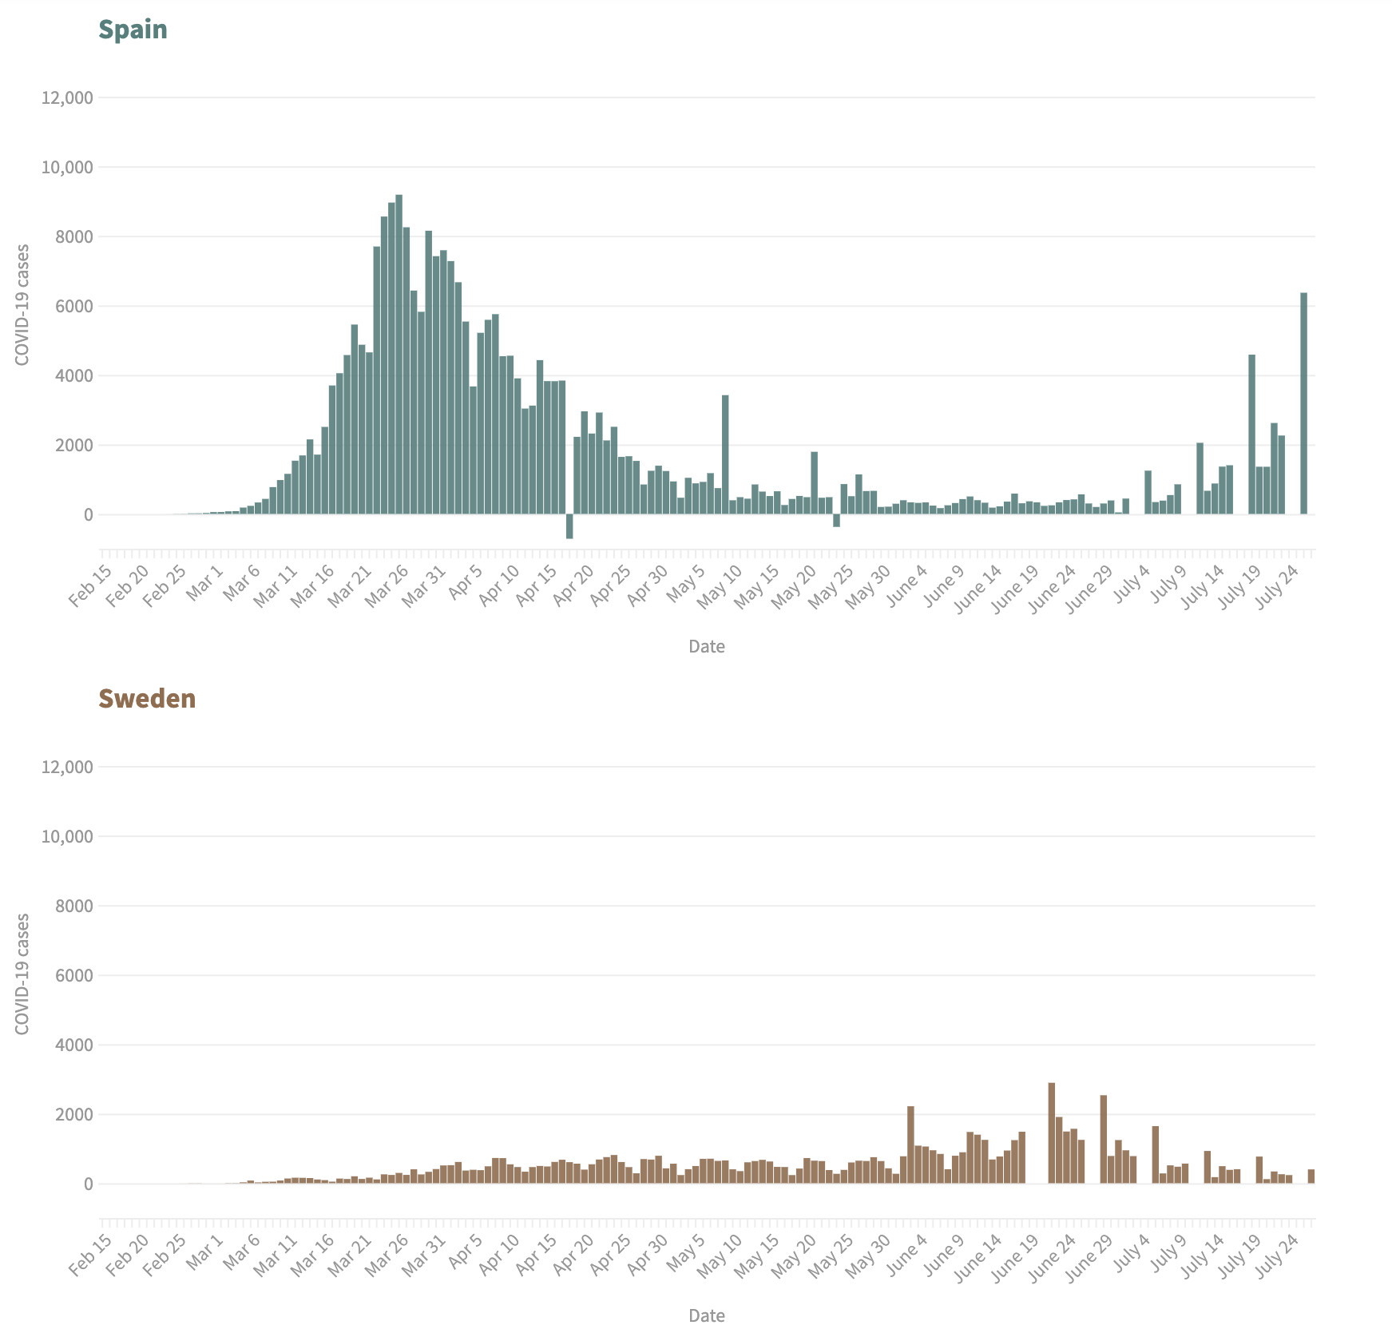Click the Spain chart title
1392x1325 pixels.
(x=133, y=30)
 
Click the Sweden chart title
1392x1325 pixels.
(x=147, y=699)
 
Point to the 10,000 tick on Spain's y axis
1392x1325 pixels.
(x=67, y=167)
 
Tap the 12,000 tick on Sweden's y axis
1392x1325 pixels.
(x=67, y=767)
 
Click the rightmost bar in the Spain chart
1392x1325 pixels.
(x=1303, y=403)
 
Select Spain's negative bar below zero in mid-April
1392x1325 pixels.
(x=569, y=526)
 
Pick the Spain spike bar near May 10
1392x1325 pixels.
(x=725, y=454)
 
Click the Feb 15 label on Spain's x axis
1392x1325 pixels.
(x=90, y=585)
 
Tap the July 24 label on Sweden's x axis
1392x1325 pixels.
(x=1277, y=1255)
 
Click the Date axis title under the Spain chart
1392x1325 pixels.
(x=707, y=646)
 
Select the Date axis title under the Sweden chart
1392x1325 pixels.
(x=707, y=1315)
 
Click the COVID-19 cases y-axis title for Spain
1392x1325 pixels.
(x=22, y=304)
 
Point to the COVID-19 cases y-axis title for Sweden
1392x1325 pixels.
(x=22, y=974)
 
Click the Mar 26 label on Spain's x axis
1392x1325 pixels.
(x=387, y=585)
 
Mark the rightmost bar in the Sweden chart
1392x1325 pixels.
(x=1311, y=1176)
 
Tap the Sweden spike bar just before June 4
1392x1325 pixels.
(x=910, y=1144)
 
